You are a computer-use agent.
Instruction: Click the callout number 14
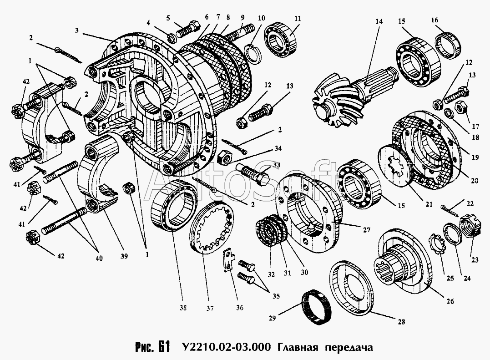pos(379,21)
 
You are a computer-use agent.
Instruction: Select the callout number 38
pos(183,308)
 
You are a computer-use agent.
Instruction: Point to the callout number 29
pos(272,318)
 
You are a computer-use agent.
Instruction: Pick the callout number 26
pos(450,301)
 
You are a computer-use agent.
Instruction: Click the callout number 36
pos(239,308)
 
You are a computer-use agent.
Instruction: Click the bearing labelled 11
pos(280,40)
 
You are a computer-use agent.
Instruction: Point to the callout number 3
pos(76,30)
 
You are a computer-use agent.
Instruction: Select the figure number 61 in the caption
pos(164,346)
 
